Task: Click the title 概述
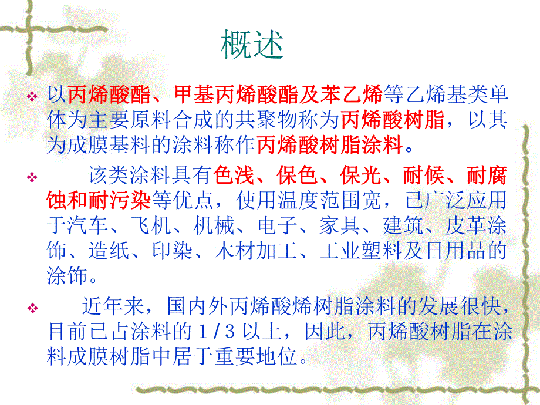[x=252, y=45]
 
